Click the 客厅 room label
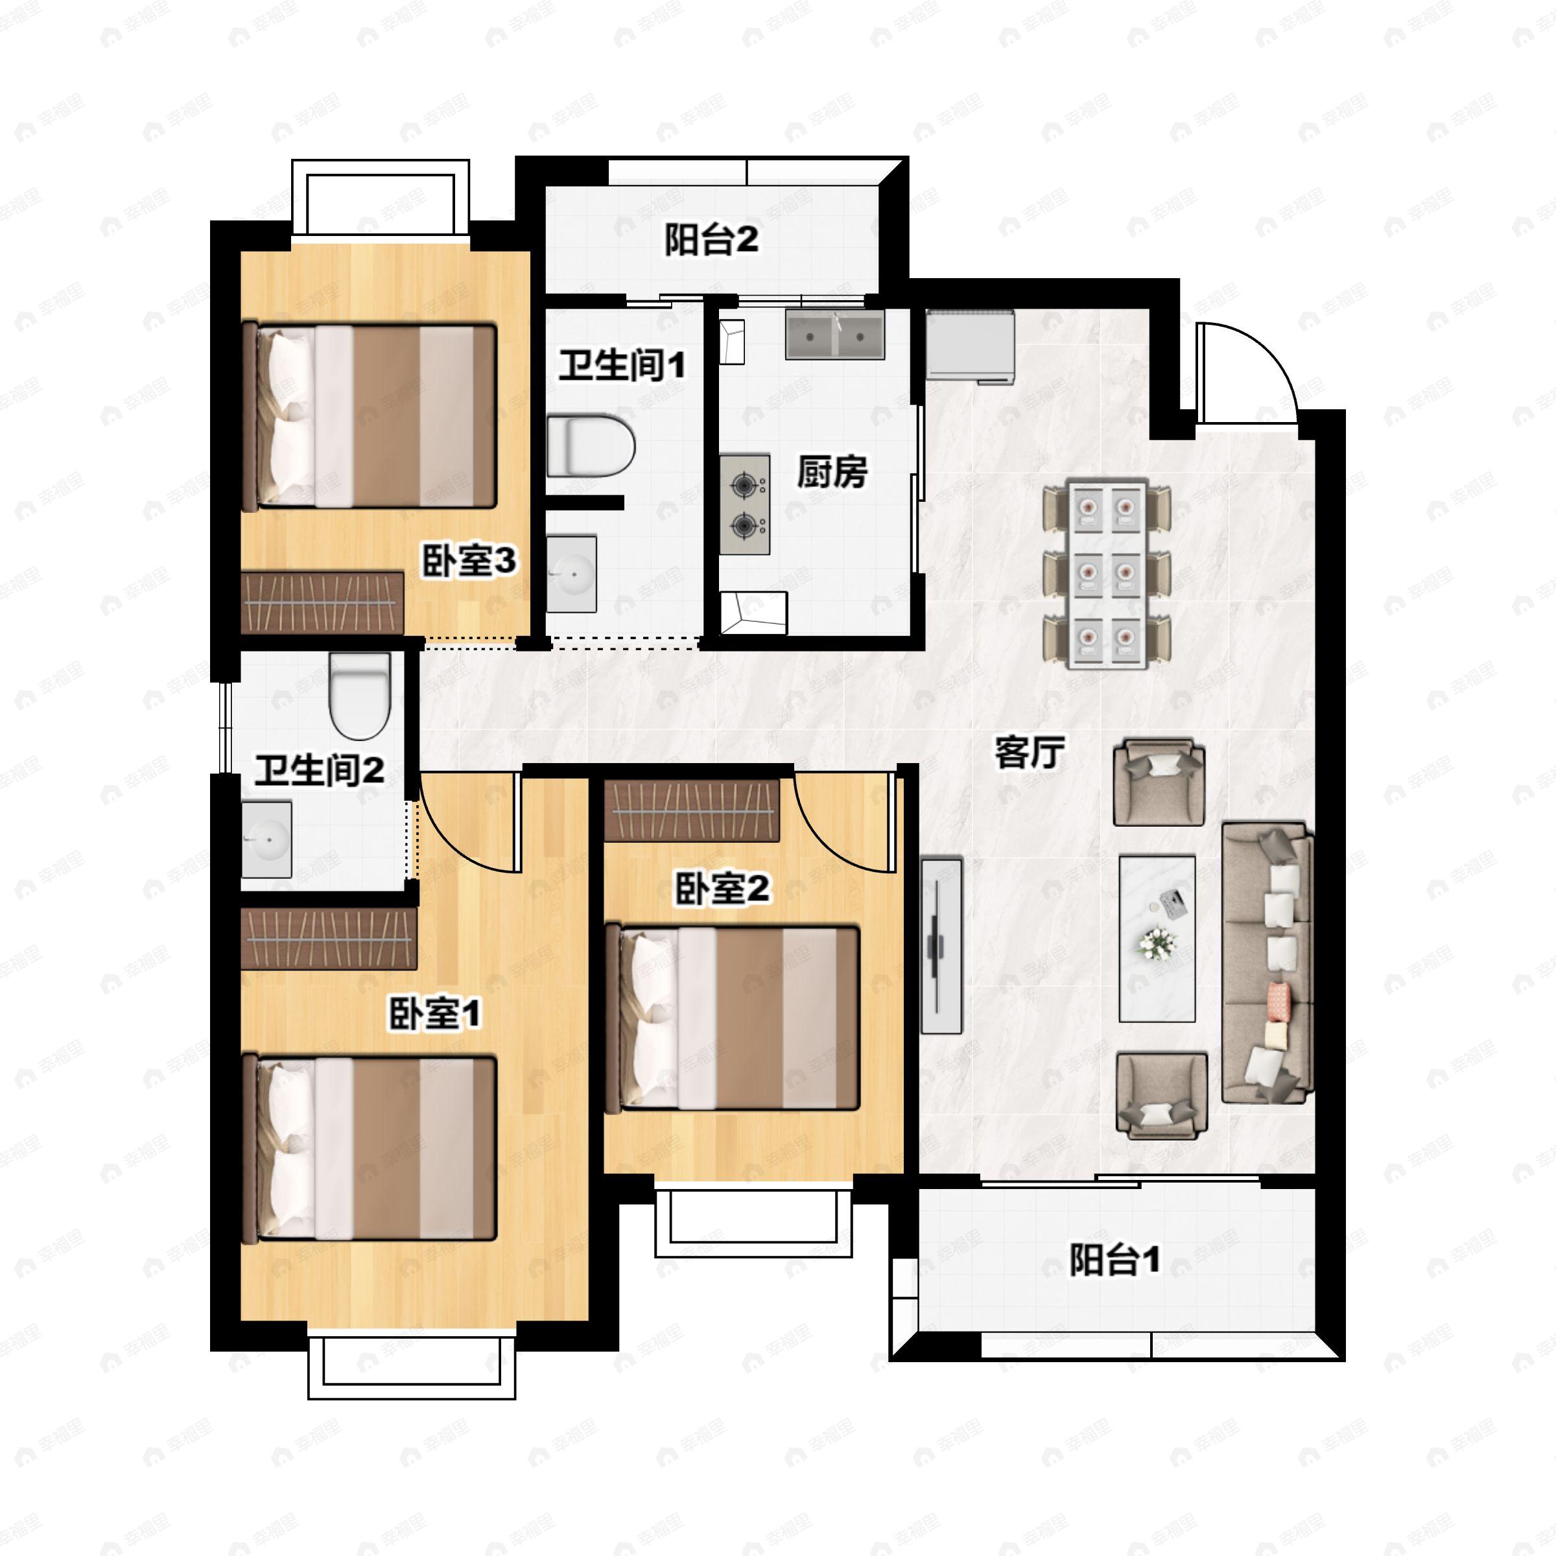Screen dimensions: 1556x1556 click(1030, 753)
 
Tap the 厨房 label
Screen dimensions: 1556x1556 click(832, 471)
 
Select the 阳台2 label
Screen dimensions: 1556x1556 click(711, 239)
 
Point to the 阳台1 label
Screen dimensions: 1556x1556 click(1114, 1260)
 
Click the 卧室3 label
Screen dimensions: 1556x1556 click(469, 561)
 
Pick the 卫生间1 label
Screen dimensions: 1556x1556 click(622, 365)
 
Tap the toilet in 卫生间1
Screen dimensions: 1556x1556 click(591, 445)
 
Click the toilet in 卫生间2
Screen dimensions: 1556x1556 click(360, 694)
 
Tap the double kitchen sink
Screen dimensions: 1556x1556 click(834, 335)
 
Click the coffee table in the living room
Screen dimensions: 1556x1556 click(1157, 938)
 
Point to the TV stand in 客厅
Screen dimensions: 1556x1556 click(941, 945)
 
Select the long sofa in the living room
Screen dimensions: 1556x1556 click(1267, 962)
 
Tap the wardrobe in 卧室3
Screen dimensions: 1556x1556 click(322, 602)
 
